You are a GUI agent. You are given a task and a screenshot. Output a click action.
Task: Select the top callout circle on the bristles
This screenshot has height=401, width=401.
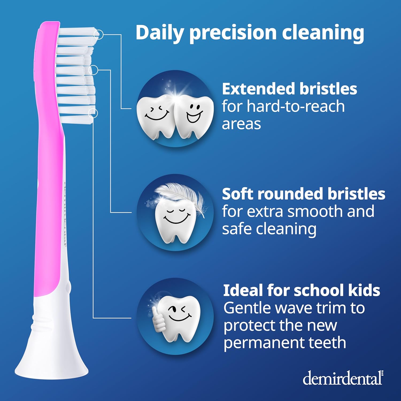pos(99,34)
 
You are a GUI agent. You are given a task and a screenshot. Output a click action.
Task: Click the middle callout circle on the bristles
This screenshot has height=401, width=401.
pos(93,70)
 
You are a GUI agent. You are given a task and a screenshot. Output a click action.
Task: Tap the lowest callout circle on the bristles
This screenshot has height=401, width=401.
pos(93,113)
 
